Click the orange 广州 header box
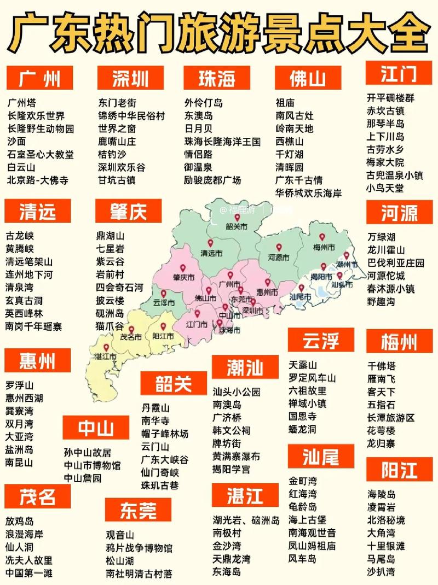(x=40, y=79)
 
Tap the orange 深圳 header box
(x=130, y=79)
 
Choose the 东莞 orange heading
(x=139, y=510)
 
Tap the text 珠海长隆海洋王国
(x=222, y=142)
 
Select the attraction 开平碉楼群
(x=390, y=98)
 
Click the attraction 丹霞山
(x=155, y=408)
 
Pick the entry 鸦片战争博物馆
(x=139, y=548)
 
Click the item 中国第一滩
(x=29, y=573)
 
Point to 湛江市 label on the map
(x=106, y=357)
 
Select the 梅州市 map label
(x=324, y=247)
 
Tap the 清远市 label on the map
(x=212, y=254)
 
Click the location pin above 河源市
(x=279, y=247)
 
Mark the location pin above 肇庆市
(x=184, y=267)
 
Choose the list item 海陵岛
(x=382, y=494)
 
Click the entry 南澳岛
(x=227, y=405)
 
